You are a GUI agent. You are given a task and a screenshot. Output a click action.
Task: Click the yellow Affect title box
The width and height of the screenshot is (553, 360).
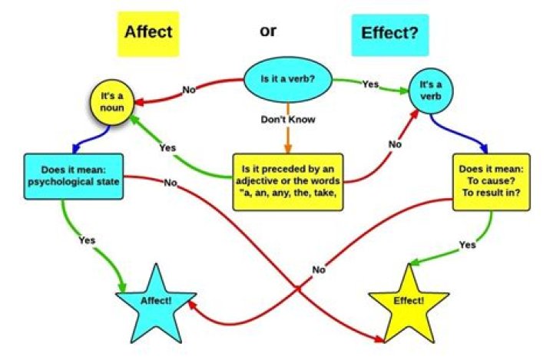(149, 32)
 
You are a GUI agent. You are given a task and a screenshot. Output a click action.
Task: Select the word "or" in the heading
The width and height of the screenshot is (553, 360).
(267, 31)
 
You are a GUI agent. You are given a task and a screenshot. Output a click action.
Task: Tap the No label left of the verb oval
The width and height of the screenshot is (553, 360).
(190, 90)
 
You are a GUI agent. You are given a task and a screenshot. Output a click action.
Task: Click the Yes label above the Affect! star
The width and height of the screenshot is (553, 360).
(87, 240)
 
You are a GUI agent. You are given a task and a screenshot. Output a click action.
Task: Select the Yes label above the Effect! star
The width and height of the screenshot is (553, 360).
(467, 245)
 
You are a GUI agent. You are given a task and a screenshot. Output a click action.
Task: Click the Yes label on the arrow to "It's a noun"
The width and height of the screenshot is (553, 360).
(167, 147)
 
